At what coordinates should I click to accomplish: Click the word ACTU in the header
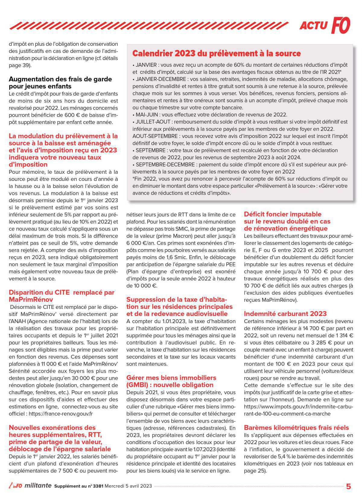(313, 26)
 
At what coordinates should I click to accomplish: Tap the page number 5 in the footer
(348, 486)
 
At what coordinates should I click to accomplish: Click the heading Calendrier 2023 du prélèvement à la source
(217, 54)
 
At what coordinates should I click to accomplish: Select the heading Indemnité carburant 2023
(285, 314)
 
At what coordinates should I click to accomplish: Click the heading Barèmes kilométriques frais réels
(296, 428)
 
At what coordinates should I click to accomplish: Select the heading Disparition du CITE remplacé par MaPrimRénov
(62, 296)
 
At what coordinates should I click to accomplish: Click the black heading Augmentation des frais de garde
(60, 83)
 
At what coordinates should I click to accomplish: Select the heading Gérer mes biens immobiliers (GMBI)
(171, 381)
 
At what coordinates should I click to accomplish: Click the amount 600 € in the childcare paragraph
(70, 115)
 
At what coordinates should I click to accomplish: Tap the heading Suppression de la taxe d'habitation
(179, 306)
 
